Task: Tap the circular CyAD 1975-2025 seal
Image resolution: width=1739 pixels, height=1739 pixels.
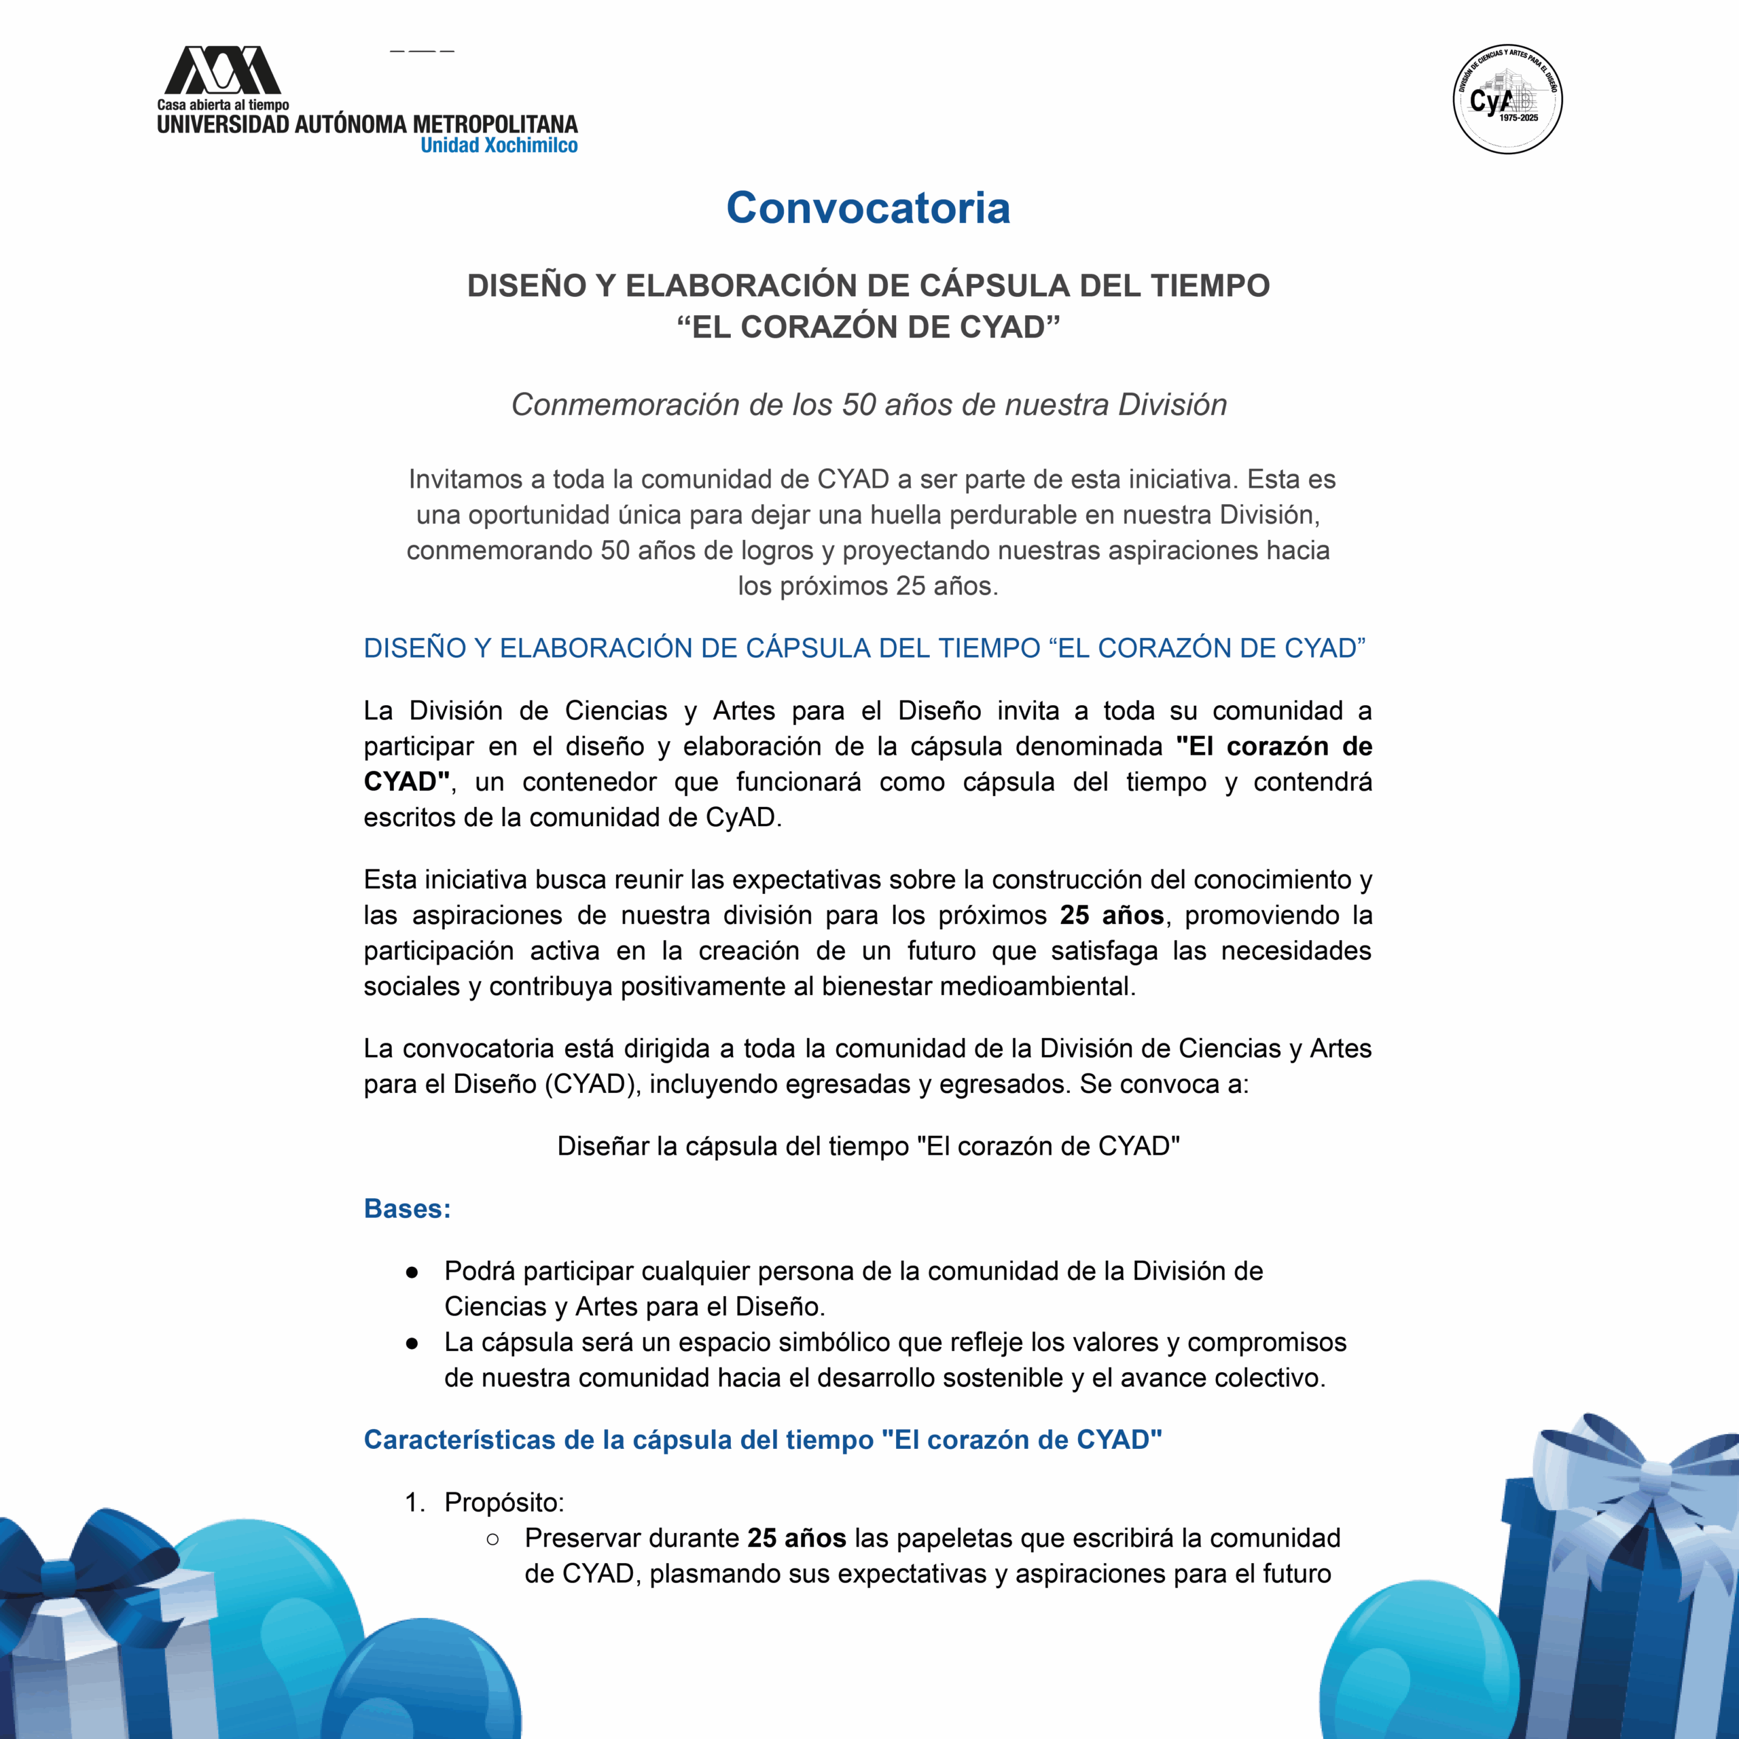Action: click(x=1507, y=99)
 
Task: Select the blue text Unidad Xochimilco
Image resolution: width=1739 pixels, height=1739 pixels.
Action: click(x=499, y=146)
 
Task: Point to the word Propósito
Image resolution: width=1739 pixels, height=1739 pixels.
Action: click(x=503, y=1503)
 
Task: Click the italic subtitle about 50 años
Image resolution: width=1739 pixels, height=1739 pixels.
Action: click(x=869, y=405)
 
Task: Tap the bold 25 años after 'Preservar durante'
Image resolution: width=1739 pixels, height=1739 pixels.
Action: click(x=797, y=1539)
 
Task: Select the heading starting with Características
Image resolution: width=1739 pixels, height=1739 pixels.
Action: click(x=762, y=1439)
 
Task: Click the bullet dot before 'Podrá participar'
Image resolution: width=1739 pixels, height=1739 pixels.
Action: click(x=412, y=1272)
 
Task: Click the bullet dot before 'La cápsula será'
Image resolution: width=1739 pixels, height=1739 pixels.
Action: click(x=412, y=1343)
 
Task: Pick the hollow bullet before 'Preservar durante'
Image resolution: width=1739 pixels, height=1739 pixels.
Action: click(x=492, y=1539)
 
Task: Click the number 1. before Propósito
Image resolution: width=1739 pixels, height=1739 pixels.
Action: click(x=415, y=1503)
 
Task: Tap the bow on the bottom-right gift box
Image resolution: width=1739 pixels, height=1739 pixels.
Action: click(x=1651, y=1476)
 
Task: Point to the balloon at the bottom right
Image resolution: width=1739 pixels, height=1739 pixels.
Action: click(x=1413, y=1665)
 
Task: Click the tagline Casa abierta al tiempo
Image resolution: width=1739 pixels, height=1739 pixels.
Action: click(x=223, y=105)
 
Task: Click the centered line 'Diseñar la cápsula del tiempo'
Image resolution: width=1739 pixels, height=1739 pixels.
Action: click(x=869, y=1146)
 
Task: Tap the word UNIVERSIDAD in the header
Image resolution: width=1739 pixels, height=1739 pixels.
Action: click(x=223, y=124)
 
